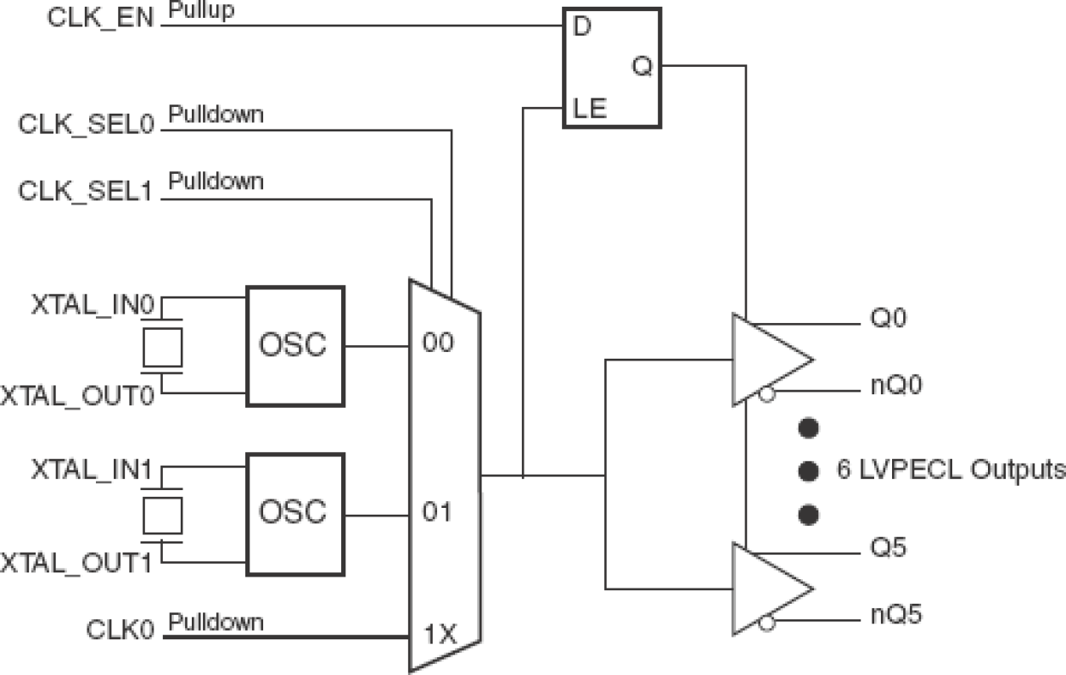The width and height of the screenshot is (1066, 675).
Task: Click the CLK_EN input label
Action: click(x=100, y=19)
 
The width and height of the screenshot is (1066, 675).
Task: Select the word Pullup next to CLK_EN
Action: click(x=201, y=12)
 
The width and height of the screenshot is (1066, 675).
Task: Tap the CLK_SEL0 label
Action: click(x=85, y=124)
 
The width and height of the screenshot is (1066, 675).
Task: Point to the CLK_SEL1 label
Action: click(x=85, y=192)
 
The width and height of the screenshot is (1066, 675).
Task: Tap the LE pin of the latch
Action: click(x=589, y=109)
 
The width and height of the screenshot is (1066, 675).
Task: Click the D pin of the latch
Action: click(x=581, y=27)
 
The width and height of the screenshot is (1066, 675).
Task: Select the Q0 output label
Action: click(x=889, y=319)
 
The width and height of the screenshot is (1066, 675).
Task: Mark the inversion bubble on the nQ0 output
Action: click(x=766, y=395)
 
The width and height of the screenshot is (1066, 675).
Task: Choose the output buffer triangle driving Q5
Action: click(x=768, y=589)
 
